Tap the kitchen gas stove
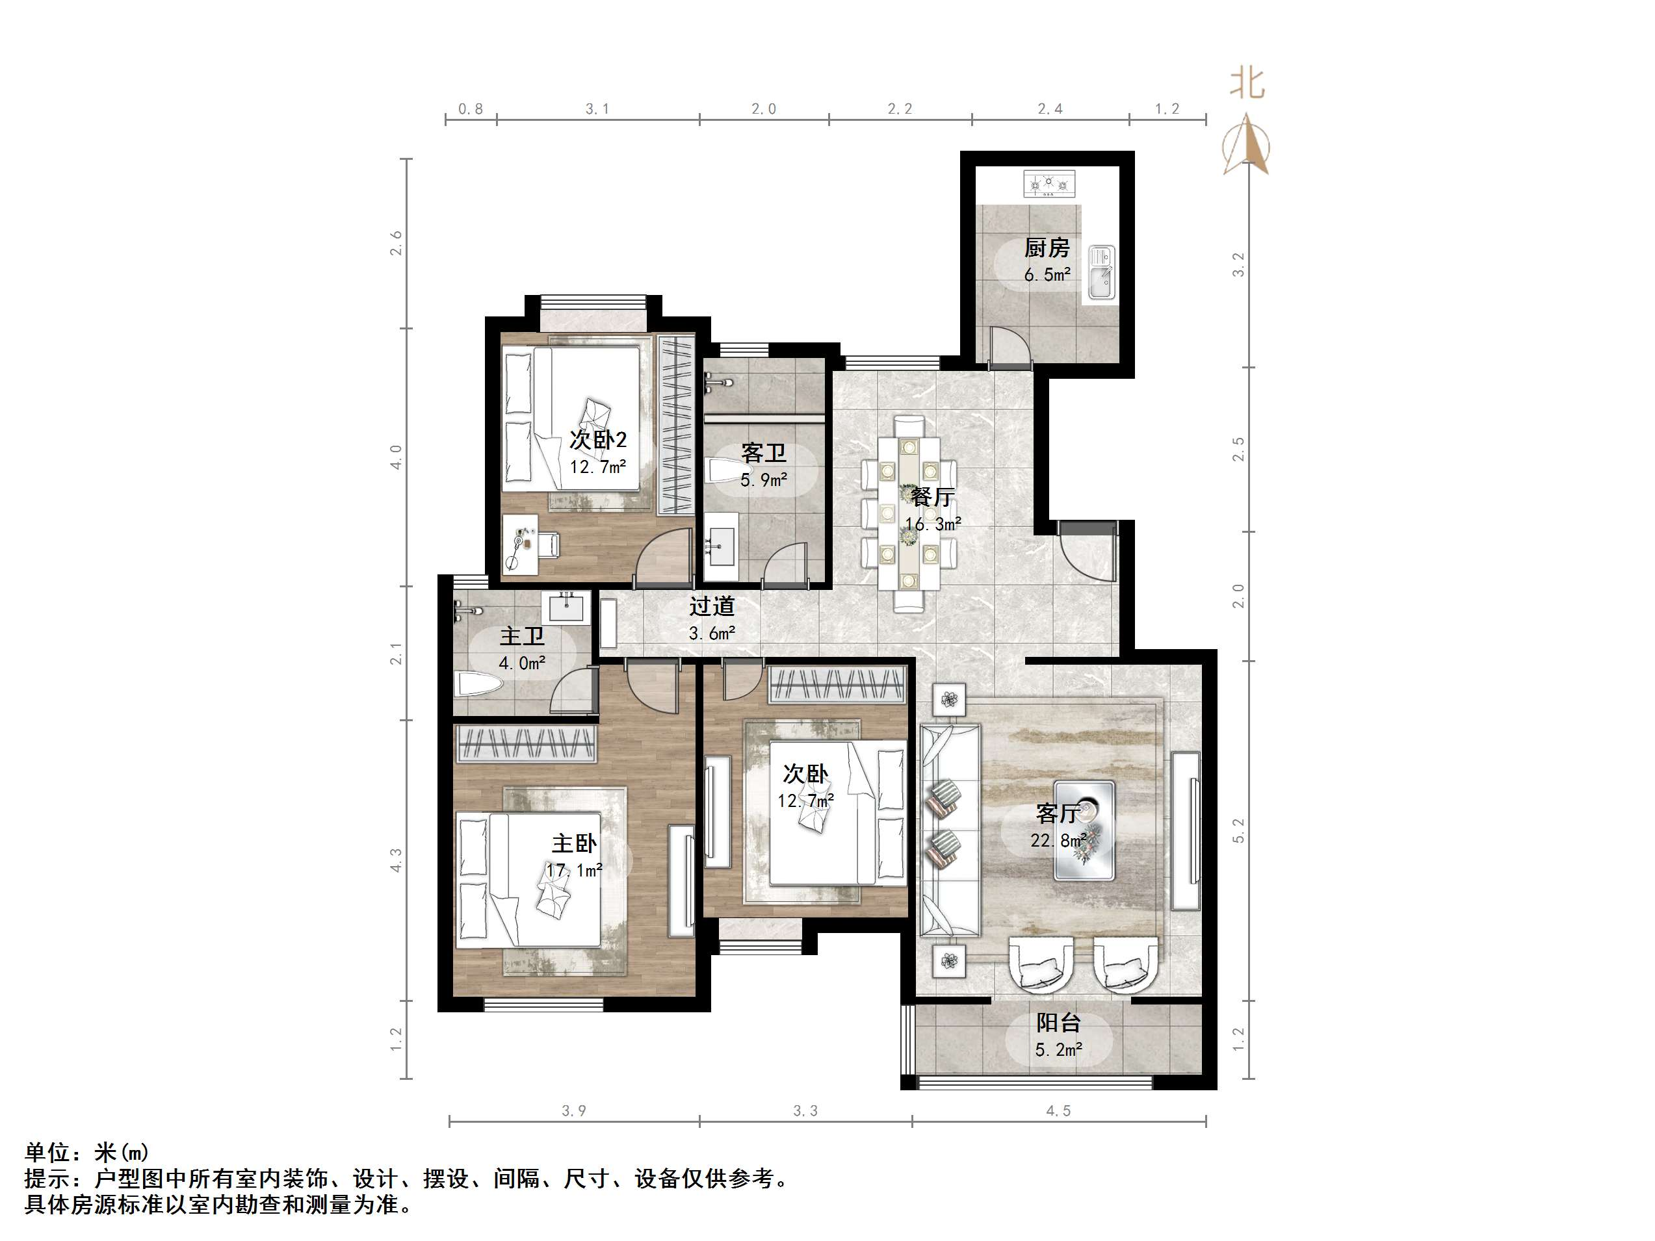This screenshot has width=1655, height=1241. click(1049, 183)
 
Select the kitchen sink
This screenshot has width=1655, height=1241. click(1101, 273)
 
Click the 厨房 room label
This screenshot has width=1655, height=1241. click(1047, 248)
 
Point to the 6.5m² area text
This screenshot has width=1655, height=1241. click(1047, 275)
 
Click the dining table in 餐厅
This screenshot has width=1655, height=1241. click(909, 513)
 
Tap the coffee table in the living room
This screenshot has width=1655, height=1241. click(1084, 830)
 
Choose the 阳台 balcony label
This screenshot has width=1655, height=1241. click(1059, 1023)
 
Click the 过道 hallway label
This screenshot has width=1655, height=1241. click(712, 606)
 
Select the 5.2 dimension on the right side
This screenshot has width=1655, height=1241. click(1238, 830)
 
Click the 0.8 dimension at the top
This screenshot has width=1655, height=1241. click(471, 109)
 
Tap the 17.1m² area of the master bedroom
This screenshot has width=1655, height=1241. click(575, 871)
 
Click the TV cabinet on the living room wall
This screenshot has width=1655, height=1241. click(1186, 830)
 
